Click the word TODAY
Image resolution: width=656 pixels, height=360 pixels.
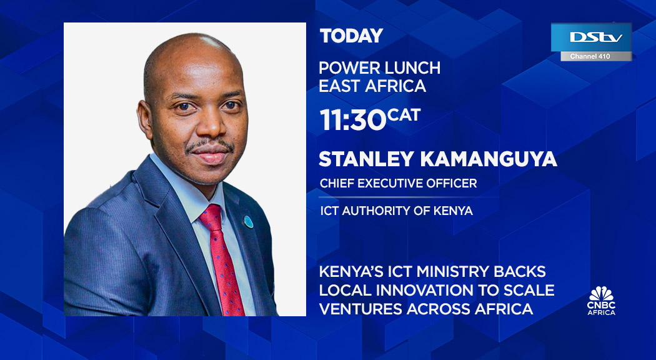coord(350,36)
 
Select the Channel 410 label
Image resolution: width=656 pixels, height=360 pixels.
coord(591,57)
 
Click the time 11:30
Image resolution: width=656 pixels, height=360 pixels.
coord(352,120)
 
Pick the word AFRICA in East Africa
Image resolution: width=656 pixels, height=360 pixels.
coord(399,86)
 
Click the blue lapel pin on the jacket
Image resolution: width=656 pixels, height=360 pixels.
coord(248,221)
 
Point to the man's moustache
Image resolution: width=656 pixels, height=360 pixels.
coord(210,146)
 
